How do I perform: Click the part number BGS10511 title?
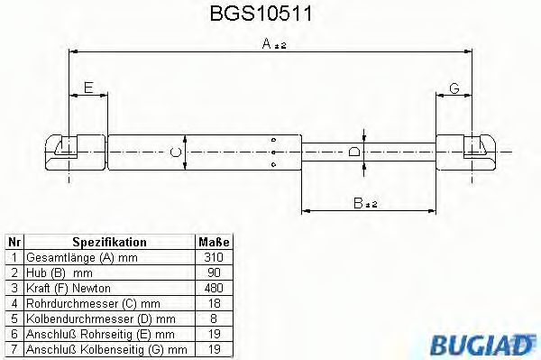(x=268, y=14)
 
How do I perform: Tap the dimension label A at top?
(x=268, y=43)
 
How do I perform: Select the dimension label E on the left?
(x=87, y=88)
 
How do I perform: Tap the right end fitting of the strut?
(x=472, y=149)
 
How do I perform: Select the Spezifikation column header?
(x=109, y=243)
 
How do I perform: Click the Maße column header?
(x=214, y=243)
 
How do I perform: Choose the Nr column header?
(x=14, y=243)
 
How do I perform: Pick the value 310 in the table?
(x=214, y=257)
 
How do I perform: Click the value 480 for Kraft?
(x=214, y=287)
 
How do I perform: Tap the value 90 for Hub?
(x=214, y=272)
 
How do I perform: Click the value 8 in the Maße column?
(x=214, y=318)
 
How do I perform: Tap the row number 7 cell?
(x=14, y=347)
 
